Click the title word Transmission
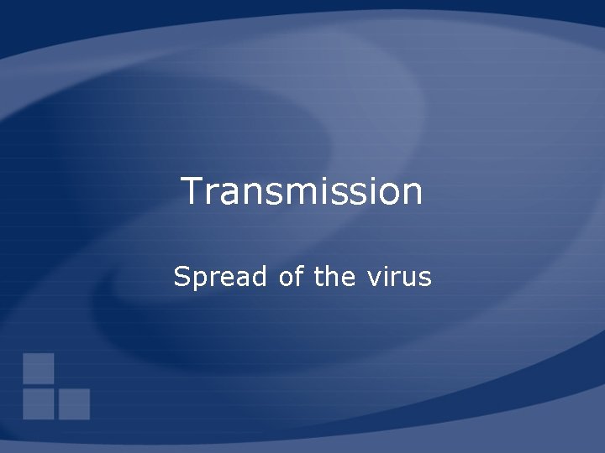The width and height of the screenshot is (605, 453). [302, 191]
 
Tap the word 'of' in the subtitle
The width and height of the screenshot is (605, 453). [291, 276]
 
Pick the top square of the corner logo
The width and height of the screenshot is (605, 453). [39, 367]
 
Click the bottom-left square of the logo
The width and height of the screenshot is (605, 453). [39, 404]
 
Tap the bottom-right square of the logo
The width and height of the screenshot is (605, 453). [74, 404]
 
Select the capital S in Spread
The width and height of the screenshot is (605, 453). [181, 276]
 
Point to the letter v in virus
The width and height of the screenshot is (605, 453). [372, 278]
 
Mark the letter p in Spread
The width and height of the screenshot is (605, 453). [199, 279]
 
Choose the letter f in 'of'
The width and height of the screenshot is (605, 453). [298, 275]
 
